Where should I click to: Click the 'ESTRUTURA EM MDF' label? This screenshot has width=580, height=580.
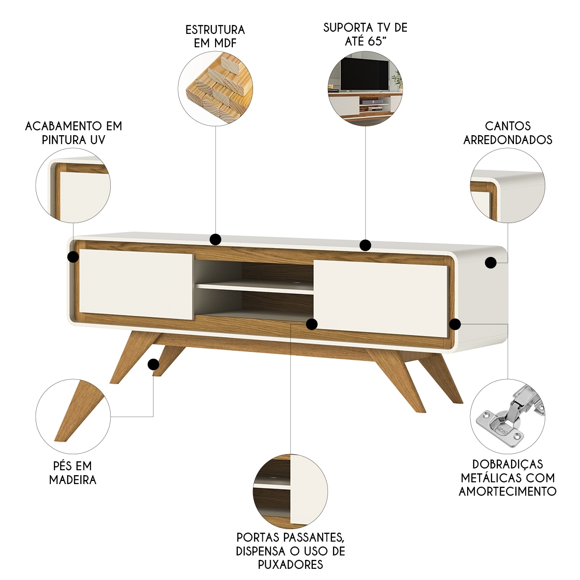[215, 37]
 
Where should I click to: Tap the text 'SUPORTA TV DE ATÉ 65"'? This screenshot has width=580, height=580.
[365, 34]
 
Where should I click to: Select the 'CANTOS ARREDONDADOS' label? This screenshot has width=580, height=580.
[508, 133]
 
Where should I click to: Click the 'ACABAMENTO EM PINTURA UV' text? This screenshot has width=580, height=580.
[74, 133]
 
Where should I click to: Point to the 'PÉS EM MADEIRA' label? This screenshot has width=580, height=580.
[73, 472]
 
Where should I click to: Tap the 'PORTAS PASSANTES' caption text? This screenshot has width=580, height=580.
[290, 537]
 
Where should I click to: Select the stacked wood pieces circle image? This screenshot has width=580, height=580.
[215, 89]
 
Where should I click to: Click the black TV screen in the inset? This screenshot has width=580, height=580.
[365, 74]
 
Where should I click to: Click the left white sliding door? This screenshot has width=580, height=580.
[136, 285]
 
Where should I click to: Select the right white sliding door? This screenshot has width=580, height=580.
[381, 298]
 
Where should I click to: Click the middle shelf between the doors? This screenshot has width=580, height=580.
[255, 288]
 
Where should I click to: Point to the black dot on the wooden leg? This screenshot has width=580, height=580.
[153, 365]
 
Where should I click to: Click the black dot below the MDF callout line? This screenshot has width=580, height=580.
[215, 240]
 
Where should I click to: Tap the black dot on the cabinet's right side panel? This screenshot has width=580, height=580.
[491, 263]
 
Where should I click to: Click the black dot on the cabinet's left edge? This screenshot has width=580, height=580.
[73, 257]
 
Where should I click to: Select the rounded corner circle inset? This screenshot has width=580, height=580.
[507, 186]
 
